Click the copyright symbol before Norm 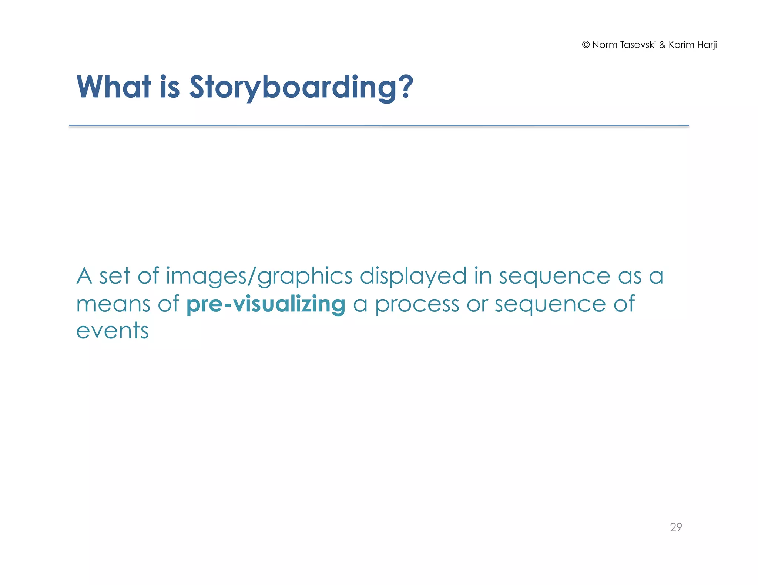pos(586,45)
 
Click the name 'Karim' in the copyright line pos(681,45)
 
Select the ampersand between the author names pos(662,45)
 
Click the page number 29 pos(676,527)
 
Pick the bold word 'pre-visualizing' pos(266,304)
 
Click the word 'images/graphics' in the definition pos(259,277)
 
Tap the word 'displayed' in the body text pos(413,277)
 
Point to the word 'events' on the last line pos(112,331)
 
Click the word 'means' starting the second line pos(113,304)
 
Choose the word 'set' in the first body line pos(115,276)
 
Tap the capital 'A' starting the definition pos(84,276)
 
